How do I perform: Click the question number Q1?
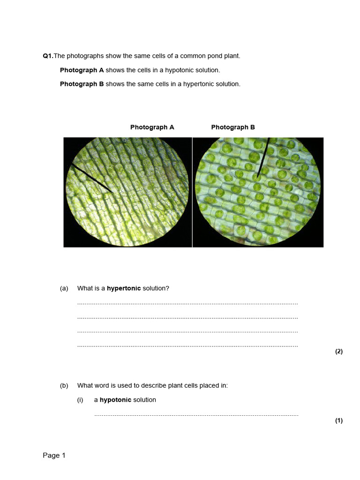coord(48,56)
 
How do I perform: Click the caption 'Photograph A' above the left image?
coord(152,127)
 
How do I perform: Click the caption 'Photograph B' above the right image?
coord(233,127)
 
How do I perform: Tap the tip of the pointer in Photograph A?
coord(112,192)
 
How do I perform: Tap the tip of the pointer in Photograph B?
coord(258,177)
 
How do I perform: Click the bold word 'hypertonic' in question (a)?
coord(124,288)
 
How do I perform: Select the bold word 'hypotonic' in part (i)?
coord(115,400)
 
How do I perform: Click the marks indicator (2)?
coord(339,352)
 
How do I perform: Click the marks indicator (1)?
coord(339,420)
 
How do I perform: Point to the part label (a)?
coord(64,288)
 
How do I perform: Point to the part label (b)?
coord(64,386)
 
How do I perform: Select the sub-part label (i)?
coord(81,400)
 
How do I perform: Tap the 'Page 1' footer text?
coord(54,455)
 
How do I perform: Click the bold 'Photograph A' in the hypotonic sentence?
coord(82,70)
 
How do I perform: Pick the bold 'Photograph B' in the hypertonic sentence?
coord(82,84)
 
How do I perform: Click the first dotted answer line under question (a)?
coord(187,304)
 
